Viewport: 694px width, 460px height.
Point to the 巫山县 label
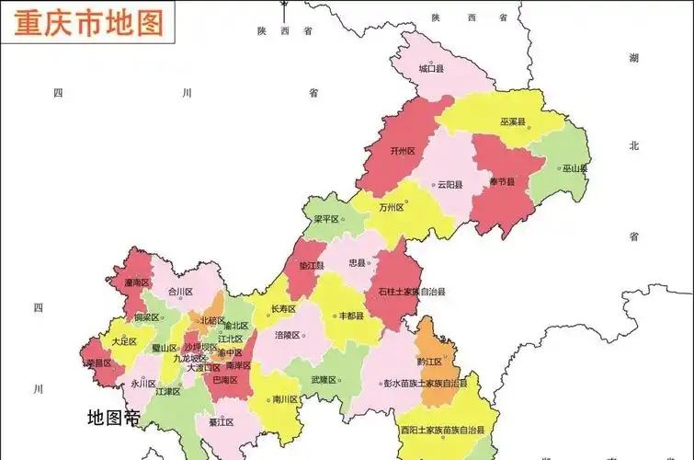[575, 168]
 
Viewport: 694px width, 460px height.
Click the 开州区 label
[403, 151]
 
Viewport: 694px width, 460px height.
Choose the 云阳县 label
[450, 184]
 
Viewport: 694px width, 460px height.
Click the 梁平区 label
[326, 220]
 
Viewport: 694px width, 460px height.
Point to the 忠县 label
[357, 262]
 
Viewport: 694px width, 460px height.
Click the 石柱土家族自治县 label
[411, 292]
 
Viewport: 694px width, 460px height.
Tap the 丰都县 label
[351, 316]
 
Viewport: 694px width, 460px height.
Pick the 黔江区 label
[429, 362]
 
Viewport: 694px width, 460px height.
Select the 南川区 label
[286, 400]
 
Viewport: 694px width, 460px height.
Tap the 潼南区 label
[137, 282]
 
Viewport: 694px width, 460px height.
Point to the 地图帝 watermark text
[113, 418]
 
